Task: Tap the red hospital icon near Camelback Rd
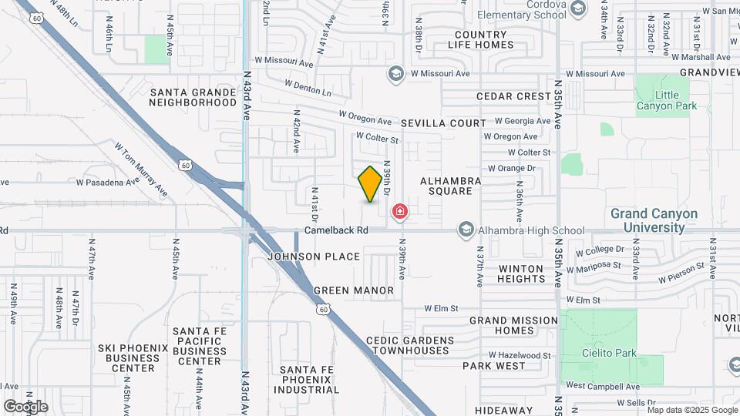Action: click(x=400, y=211)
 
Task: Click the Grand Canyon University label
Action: click(x=654, y=220)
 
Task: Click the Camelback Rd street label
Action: click(x=337, y=230)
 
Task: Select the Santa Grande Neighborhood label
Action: click(x=193, y=97)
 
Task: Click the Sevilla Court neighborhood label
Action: click(x=443, y=123)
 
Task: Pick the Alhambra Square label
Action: click(x=451, y=186)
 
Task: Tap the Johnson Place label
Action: click(x=314, y=257)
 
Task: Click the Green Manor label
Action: click(x=353, y=290)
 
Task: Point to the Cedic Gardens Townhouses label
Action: click(x=410, y=345)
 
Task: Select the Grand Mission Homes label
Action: click(x=513, y=325)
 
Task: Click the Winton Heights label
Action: click(x=521, y=273)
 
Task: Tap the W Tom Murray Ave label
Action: click(x=141, y=168)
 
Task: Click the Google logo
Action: click(x=25, y=407)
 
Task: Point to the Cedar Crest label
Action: click(x=514, y=96)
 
